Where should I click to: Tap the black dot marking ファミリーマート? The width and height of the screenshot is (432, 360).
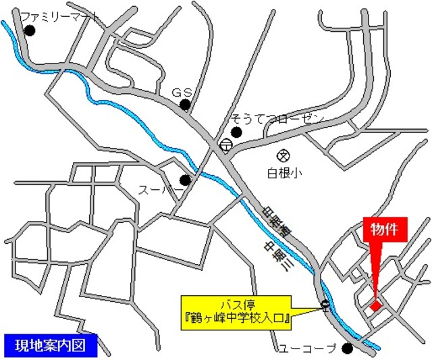[30, 30]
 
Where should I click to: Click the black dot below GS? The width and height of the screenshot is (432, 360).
[185, 105]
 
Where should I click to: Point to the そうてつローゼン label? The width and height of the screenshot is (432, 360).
[277, 119]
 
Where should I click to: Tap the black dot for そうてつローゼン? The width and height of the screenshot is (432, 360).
[236, 131]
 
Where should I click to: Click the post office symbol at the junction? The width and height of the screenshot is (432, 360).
[225, 145]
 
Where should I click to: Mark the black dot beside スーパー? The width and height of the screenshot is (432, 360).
[185, 180]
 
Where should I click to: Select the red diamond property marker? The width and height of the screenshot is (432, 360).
[375, 305]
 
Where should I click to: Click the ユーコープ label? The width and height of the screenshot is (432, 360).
[307, 349]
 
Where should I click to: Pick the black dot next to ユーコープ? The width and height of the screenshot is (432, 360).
[347, 349]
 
